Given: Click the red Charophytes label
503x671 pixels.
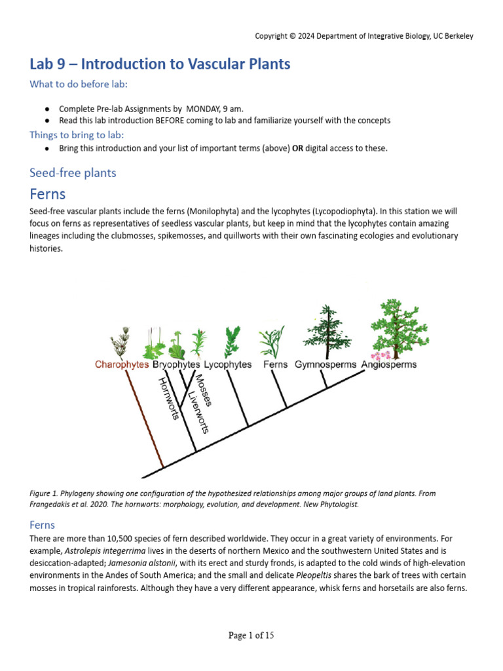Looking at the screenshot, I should pos(121,365).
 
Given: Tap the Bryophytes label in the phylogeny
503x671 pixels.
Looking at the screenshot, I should pos(176,365).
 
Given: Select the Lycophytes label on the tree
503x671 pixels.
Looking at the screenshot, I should pos(227,365).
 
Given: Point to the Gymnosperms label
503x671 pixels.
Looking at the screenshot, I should pos(325,365).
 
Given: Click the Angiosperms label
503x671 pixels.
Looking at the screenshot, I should pos(388,365).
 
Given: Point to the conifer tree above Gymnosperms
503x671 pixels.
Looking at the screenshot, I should pos(326,330).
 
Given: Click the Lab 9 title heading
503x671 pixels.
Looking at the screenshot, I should pos(160,64).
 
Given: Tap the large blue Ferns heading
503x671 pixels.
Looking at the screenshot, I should pos(48,194).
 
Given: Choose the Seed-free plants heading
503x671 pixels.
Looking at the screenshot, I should pos(73,173).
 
